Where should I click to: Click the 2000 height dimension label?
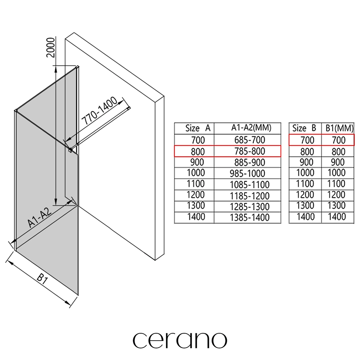pos(51,47)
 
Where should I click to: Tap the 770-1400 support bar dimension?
pos(99,111)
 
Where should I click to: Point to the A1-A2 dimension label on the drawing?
pos(39,217)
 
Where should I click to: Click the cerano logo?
pos(180,340)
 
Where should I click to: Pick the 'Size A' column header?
pos(198,128)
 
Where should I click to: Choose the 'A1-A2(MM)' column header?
pos(251,128)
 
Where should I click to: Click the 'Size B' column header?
pos(304,128)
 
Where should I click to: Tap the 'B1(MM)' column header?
pos(340,128)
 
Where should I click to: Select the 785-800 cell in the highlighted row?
pos(250,151)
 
